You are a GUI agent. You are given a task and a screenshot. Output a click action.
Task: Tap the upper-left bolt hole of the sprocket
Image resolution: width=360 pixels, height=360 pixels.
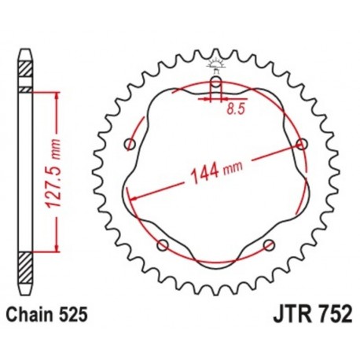click(130, 144)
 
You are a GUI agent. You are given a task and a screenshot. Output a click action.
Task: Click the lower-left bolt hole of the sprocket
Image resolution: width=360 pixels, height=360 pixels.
click(163, 245)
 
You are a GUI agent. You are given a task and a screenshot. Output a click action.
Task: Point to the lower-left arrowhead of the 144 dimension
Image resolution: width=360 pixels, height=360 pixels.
click(134, 196)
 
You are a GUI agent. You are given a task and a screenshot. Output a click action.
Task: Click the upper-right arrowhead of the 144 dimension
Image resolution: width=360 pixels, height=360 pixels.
click(294, 148)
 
